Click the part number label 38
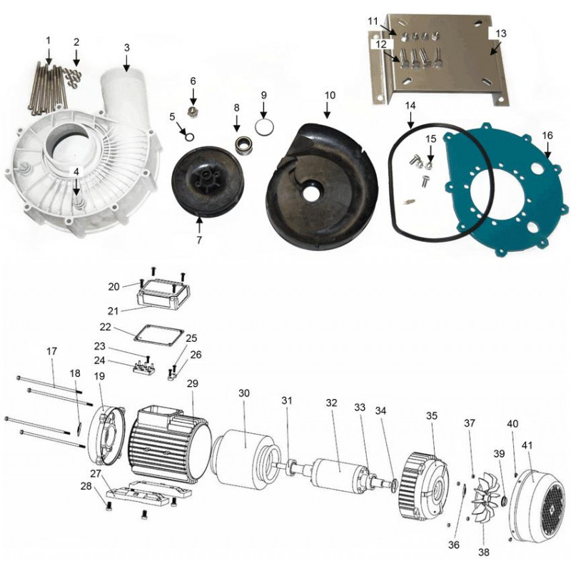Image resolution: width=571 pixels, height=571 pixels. (484, 552)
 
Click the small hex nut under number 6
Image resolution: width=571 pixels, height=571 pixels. (193, 111)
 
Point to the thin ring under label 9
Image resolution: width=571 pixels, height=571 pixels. (264, 128)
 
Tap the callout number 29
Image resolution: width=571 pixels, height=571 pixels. (193, 383)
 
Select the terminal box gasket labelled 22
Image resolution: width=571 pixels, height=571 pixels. (157, 335)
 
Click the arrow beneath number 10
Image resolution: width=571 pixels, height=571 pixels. (327, 110)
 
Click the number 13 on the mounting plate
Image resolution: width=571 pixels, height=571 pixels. (501, 34)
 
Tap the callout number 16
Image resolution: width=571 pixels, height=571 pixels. (547, 136)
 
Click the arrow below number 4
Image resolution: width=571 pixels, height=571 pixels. (76, 186)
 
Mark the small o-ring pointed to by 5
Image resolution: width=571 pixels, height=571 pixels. (189, 136)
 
